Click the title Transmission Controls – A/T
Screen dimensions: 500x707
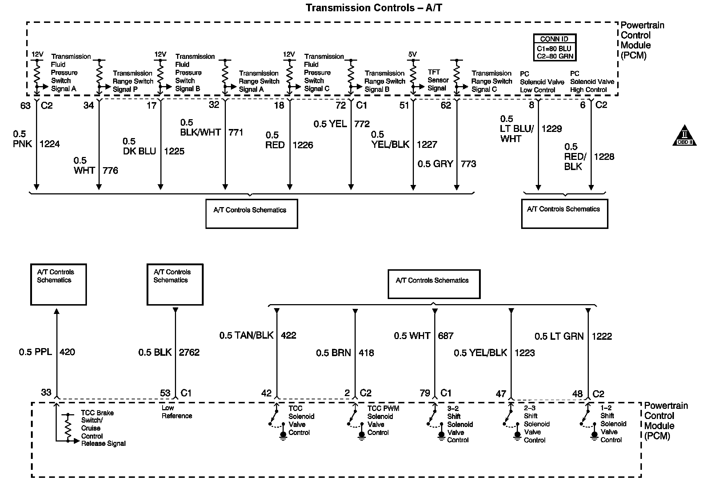pyautogui.click(x=374, y=8)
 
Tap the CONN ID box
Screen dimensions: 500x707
pyautogui.click(x=555, y=48)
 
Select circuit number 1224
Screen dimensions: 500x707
pyautogui.click(x=49, y=144)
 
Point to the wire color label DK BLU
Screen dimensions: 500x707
pyautogui.click(x=139, y=151)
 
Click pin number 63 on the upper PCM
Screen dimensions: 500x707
pyautogui.click(x=25, y=106)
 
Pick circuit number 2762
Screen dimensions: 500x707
pyautogui.click(x=189, y=352)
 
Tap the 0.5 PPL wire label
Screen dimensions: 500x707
pyautogui.click(x=35, y=352)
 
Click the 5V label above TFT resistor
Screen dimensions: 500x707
pyautogui.click(x=412, y=55)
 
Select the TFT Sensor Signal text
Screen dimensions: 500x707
pyautogui.click(x=438, y=80)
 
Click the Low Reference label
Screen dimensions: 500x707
pyautogui.click(x=177, y=412)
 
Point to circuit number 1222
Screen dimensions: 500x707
pyautogui.click(x=602, y=336)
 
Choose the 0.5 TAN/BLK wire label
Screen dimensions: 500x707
pyautogui.click(x=246, y=335)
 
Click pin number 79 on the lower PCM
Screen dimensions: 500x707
pyautogui.click(x=425, y=393)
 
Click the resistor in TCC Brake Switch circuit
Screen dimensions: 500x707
pyautogui.click(x=68, y=427)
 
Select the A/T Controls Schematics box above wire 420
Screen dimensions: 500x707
pyautogui.click(x=58, y=285)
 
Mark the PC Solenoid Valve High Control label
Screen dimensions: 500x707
pyautogui.click(x=592, y=82)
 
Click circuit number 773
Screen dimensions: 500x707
pyautogui.click(x=468, y=164)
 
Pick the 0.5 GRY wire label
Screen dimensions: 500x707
pyautogui.click(x=435, y=164)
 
